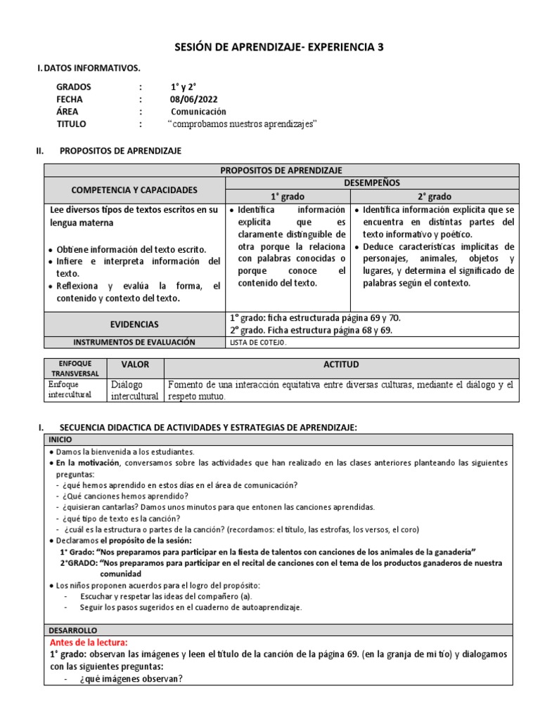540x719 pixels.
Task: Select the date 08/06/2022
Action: coord(191,99)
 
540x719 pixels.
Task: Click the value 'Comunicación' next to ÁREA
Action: coord(198,112)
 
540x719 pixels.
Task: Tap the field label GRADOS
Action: coord(74,86)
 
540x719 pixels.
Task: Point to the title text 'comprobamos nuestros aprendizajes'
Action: coord(243,124)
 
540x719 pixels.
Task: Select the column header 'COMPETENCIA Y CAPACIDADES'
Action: coord(134,190)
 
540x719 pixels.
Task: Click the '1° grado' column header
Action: coord(288,197)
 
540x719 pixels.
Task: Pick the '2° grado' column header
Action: coord(434,197)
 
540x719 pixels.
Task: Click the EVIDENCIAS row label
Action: coord(134,324)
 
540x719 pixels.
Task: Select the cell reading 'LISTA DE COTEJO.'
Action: coord(259,343)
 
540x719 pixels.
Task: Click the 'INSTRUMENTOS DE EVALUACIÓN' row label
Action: coord(134,343)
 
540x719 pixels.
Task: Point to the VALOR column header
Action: coord(135,365)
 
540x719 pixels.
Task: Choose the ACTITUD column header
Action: coord(341,365)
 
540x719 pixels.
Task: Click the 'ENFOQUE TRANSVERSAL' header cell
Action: coord(74,369)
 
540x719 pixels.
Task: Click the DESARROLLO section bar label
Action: coord(73,631)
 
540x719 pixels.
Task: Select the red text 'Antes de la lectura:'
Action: coord(89,642)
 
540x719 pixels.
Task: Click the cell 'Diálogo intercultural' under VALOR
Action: coord(135,390)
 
